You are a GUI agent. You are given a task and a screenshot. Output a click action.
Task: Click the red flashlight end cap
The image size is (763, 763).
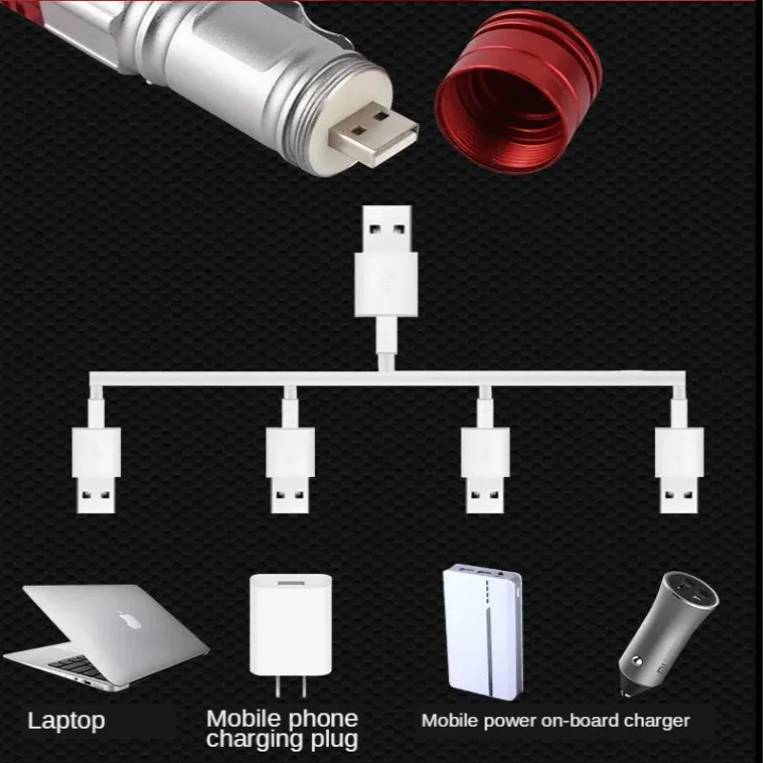[518, 93]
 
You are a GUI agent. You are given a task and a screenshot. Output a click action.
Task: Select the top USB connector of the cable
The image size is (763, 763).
[386, 261]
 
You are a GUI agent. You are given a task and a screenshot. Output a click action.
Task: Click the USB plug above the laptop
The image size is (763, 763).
[96, 470]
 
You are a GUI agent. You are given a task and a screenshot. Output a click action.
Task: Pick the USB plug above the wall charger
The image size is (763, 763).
[290, 470]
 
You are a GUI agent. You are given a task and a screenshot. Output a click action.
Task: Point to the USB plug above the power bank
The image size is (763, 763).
[485, 470]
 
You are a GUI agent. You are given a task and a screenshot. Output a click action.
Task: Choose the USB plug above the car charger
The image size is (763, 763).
[679, 470]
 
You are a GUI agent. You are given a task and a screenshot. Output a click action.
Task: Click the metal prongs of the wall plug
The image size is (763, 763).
[291, 686]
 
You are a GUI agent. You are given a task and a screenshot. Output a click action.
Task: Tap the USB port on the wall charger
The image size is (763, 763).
[291, 583]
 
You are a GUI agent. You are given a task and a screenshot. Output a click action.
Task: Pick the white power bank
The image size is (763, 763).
[484, 632]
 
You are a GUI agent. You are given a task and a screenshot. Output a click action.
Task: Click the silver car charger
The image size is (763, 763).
[668, 632]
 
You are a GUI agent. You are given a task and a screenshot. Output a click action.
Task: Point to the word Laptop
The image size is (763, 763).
[66, 722]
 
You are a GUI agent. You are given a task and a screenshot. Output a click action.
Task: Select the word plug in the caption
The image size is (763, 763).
[335, 740]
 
